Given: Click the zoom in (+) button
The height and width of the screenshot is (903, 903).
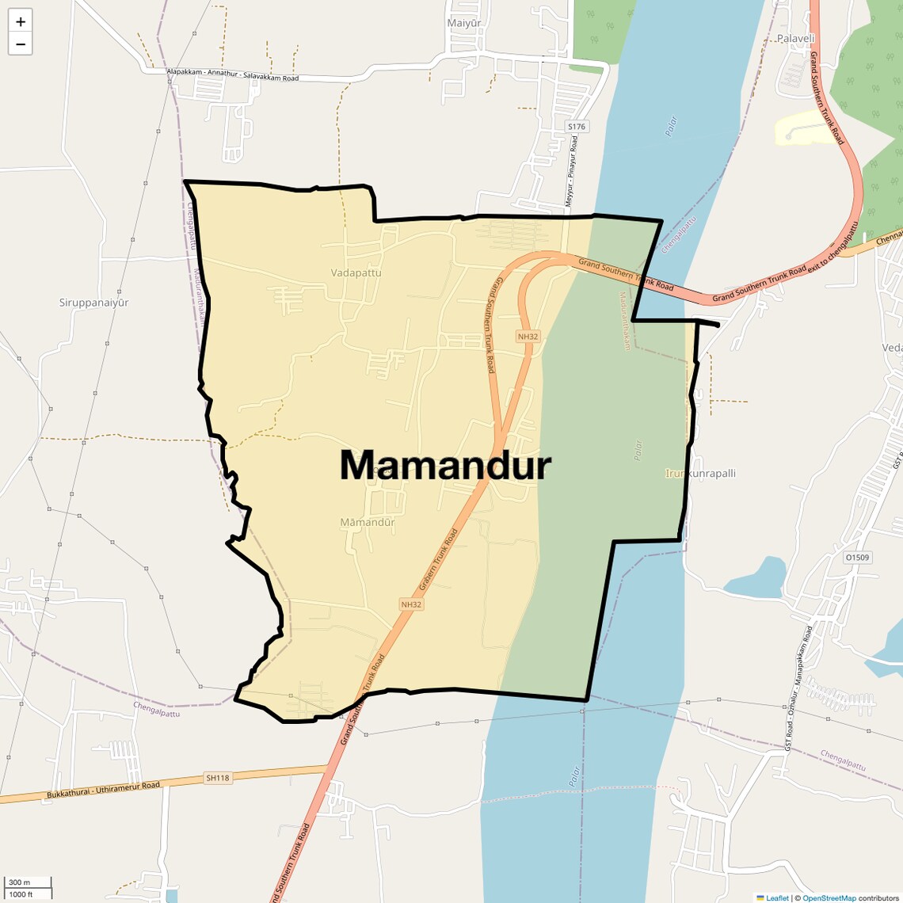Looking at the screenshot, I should pyautogui.click(x=21, y=21).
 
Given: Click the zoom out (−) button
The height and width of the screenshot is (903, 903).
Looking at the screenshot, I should pyautogui.click(x=21, y=44).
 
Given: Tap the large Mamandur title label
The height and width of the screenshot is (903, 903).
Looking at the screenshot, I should pyautogui.click(x=445, y=465).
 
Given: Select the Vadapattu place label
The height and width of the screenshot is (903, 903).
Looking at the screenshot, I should pyautogui.click(x=356, y=272).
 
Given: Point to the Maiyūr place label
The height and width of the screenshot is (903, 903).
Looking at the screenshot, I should pyautogui.click(x=463, y=23).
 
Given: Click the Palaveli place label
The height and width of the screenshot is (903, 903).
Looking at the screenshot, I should pyautogui.click(x=795, y=38).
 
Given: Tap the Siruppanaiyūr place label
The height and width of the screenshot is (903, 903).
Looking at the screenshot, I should pyautogui.click(x=93, y=303).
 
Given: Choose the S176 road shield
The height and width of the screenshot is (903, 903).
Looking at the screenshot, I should pyautogui.click(x=577, y=127).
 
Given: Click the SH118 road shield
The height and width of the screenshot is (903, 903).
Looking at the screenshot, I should pyautogui.click(x=218, y=778).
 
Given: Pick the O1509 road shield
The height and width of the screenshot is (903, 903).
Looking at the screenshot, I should pyautogui.click(x=856, y=558).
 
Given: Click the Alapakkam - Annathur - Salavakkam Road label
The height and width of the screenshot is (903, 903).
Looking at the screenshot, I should pyautogui.click(x=233, y=75).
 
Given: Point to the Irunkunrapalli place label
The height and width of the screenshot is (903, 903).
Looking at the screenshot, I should pyautogui.click(x=700, y=473).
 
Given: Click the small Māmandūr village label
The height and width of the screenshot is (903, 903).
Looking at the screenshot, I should pyautogui.click(x=367, y=522).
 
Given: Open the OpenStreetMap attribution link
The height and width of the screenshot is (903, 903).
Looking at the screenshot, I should pyautogui.click(x=829, y=897).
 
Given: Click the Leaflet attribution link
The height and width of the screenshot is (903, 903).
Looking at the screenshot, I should pyautogui.click(x=776, y=897).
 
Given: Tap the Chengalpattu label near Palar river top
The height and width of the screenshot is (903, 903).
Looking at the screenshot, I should pyautogui.click(x=679, y=234).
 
